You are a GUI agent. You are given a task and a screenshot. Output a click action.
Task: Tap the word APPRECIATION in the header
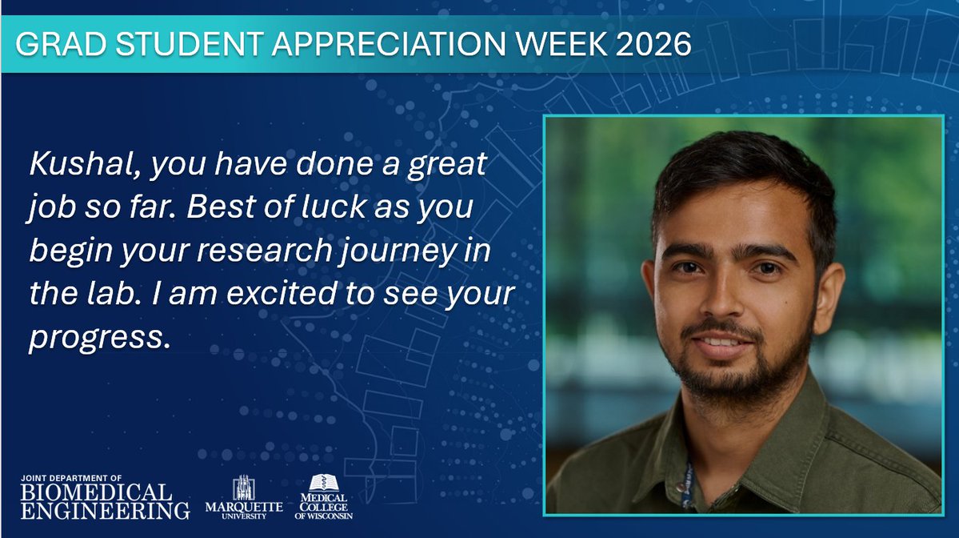(377, 45)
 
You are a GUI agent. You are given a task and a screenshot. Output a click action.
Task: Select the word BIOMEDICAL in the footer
(95, 491)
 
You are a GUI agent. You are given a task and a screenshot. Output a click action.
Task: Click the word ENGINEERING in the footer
(106, 509)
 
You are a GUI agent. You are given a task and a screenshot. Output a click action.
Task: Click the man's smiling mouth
(722, 344)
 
